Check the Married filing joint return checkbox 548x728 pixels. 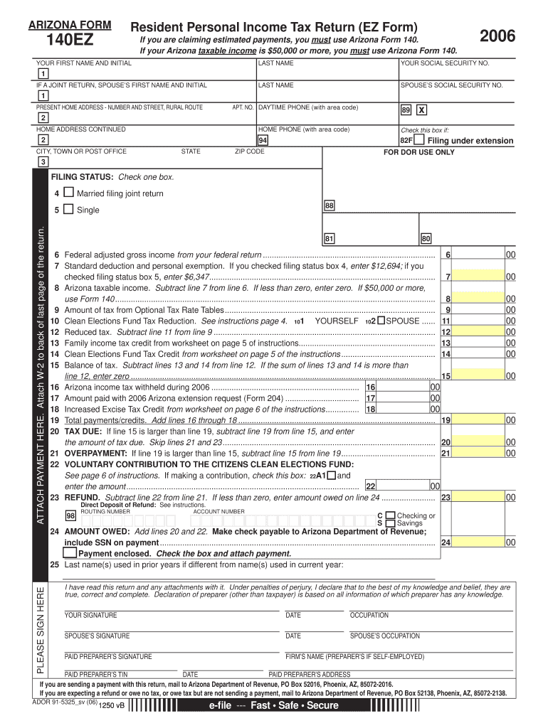pyautogui.click(x=68, y=193)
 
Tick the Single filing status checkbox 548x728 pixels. pyautogui.click(x=68, y=209)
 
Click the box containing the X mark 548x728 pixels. pyautogui.click(x=421, y=111)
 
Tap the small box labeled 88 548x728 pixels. pyautogui.click(x=330, y=205)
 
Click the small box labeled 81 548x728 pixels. pyautogui.click(x=330, y=239)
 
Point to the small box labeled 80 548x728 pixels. pyautogui.click(x=426, y=239)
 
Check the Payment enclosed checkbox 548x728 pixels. pyautogui.click(x=70, y=552)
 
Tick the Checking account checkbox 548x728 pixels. pyautogui.click(x=390, y=515)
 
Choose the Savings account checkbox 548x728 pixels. pyautogui.click(x=390, y=523)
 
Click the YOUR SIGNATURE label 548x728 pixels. pyautogui.click(x=91, y=615)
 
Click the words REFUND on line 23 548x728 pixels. pyautogui.click(x=80, y=498)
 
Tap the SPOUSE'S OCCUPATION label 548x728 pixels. pyautogui.click(x=384, y=636)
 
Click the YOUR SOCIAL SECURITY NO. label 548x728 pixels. pyautogui.click(x=445, y=63)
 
